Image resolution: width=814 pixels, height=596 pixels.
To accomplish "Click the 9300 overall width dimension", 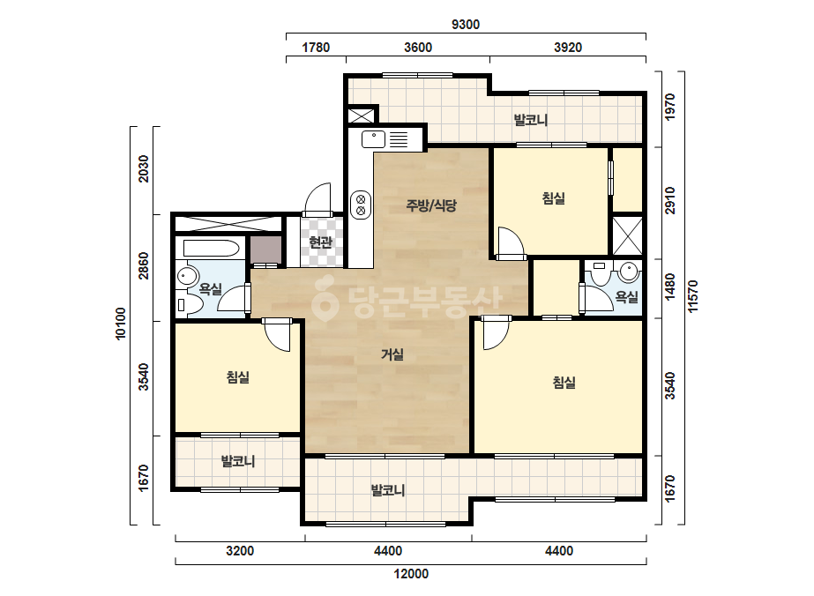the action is [x=466, y=25].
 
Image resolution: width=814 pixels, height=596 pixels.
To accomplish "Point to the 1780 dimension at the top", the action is [x=316, y=48].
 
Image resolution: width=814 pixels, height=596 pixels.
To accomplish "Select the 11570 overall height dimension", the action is [x=693, y=296].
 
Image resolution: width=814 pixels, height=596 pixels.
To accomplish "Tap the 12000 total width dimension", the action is [x=411, y=574].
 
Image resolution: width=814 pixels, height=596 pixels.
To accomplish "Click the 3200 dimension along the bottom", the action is [x=240, y=551].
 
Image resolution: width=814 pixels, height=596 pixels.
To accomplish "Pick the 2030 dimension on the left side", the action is [x=143, y=168].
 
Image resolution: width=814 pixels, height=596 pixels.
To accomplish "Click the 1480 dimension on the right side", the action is [x=670, y=287].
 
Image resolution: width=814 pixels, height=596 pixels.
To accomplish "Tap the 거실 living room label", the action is [x=392, y=354].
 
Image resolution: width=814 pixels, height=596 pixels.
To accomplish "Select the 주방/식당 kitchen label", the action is [x=431, y=205].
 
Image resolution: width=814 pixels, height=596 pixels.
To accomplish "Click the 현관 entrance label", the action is [x=320, y=242].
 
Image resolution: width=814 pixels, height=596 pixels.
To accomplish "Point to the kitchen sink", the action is [x=374, y=139].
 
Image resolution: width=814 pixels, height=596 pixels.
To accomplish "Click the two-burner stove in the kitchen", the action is [x=361, y=205].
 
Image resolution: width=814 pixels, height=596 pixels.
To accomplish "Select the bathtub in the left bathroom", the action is [x=211, y=248].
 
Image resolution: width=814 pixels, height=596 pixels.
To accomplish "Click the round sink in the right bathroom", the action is [x=629, y=271].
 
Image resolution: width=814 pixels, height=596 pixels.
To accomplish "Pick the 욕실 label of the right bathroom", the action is [x=626, y=297].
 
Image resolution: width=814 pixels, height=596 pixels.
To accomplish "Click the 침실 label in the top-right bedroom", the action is [x=553, y=197].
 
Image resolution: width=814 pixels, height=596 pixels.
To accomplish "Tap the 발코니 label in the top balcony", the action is [x=531, y=120].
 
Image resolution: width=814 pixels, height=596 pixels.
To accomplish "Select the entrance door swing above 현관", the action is [x=317, y=200].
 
